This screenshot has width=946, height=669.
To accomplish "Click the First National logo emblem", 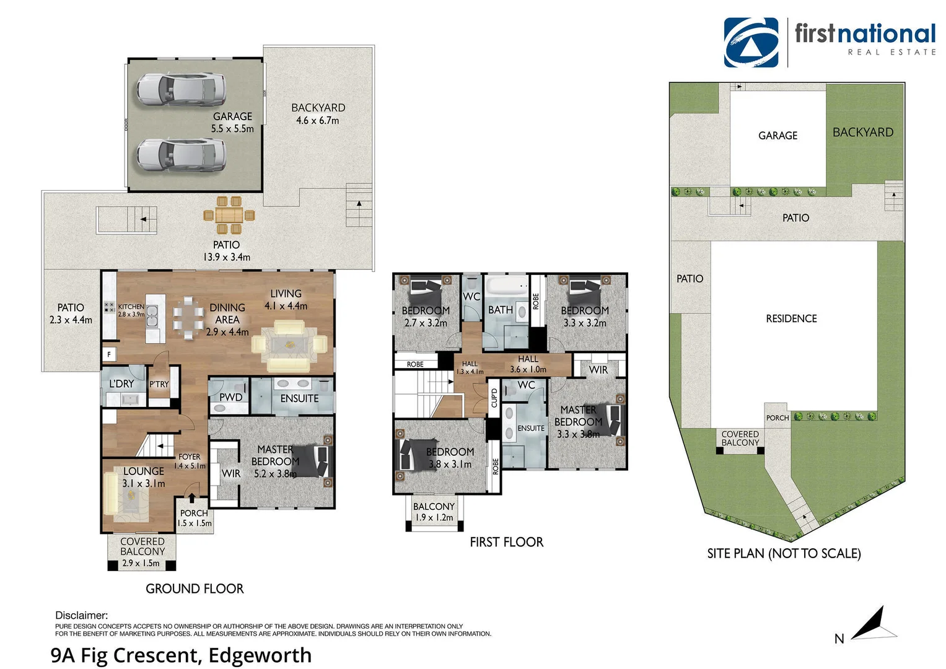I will pos(751,42).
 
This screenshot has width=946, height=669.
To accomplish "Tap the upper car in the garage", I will pos(180,88).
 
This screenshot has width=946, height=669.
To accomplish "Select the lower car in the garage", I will pos(180,154).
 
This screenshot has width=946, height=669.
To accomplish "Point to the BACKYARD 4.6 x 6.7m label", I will pos(318,114).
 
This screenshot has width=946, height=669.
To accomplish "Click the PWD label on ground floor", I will pos(230,397).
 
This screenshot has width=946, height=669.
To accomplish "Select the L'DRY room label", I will pos(121,384).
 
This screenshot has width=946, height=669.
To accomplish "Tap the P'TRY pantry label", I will pos(159,385).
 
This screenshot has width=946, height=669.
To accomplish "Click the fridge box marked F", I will pos(110,355).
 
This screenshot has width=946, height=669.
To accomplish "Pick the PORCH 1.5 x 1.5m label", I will pos(194,518).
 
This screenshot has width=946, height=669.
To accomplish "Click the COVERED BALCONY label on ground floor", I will pos(142,546).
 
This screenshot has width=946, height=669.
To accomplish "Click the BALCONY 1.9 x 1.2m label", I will pos(434,512).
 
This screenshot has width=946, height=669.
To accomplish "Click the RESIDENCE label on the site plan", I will pos(791,318).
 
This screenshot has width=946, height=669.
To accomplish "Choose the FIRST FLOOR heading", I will pos(506,542).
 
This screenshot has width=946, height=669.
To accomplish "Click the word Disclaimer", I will pos(81,615).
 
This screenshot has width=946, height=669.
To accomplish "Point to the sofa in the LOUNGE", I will pos(111,493).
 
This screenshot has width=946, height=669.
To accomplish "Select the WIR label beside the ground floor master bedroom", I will pos(230,473).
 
